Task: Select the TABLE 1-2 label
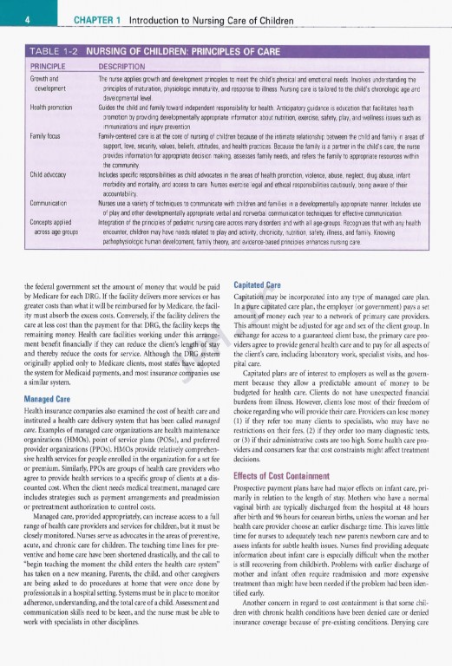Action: [x=42, y=50]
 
